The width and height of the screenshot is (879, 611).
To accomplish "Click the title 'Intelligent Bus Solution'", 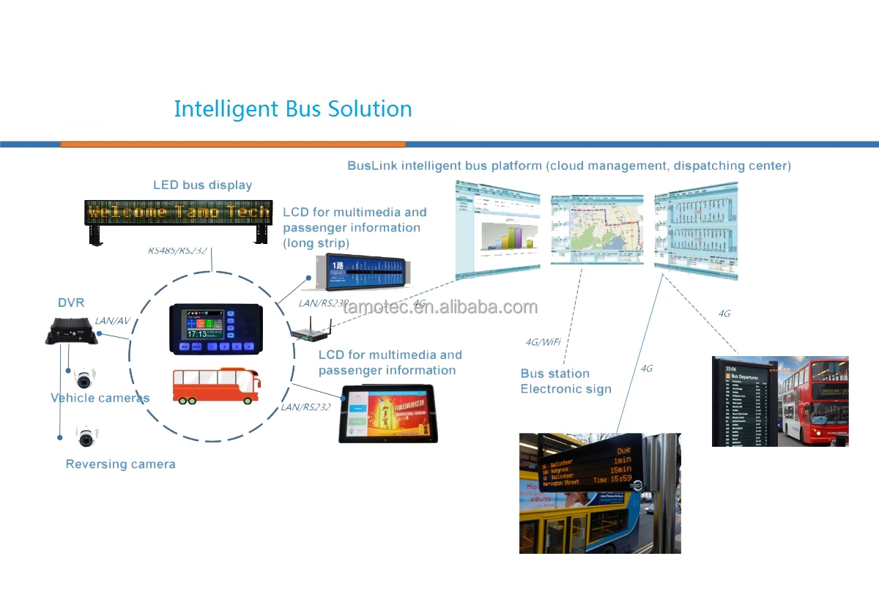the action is pos(293,109).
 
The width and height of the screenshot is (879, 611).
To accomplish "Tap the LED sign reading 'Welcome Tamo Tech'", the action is pos(179,212).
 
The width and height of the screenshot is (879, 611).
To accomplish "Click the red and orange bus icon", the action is pos(216,386).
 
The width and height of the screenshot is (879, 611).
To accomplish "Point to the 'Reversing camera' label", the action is pos(120,464).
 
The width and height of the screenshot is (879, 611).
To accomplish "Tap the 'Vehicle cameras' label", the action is pos(100,398).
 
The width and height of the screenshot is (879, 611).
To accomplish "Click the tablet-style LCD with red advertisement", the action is pos(388,414).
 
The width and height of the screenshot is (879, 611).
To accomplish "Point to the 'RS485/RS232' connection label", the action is pos(177,251).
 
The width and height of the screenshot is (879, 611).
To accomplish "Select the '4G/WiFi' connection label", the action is pos(542,341).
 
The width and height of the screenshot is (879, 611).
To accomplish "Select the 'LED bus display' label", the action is pos(202,185).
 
